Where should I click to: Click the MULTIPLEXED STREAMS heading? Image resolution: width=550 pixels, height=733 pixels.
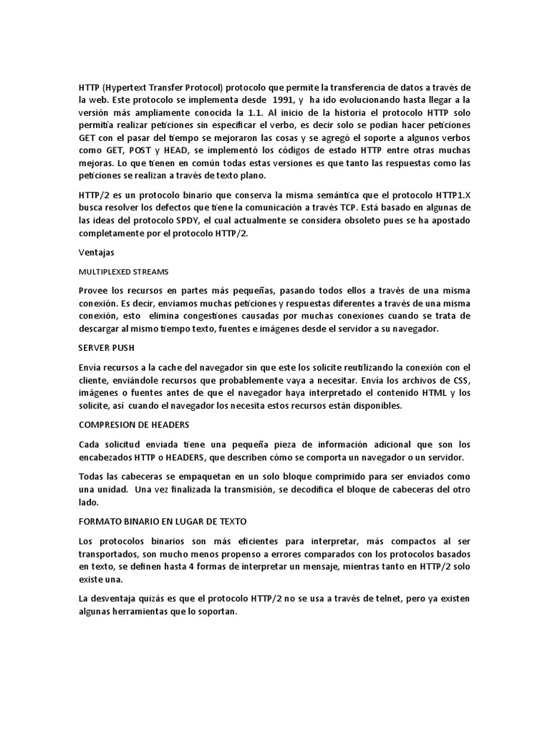(x=123, y=271)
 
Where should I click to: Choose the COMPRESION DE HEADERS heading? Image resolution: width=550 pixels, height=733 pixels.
(x=128, y=424)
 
